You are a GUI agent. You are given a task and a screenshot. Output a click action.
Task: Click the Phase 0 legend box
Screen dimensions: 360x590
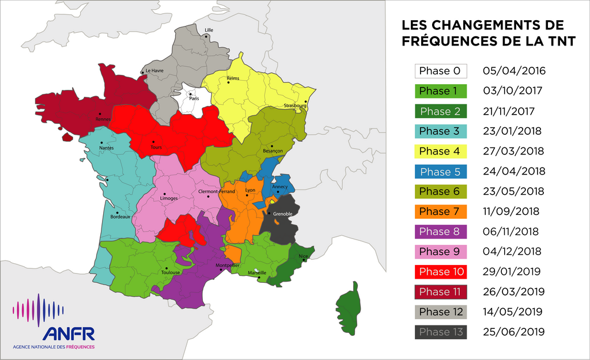[x=440, y=71]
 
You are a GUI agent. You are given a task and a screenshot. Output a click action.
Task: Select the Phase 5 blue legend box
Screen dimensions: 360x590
[x=440, y=172]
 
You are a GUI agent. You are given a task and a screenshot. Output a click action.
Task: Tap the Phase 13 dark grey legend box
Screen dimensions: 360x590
[x=440, y=332]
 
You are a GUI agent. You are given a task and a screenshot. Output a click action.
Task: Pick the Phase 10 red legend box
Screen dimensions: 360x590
[x=440, y=271]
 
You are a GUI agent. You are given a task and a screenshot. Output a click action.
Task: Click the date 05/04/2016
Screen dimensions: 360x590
[x=514, y=71]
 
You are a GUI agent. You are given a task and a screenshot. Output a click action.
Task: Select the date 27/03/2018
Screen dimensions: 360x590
[x=513, y=151]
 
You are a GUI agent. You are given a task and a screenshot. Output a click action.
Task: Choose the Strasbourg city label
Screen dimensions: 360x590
[x=295, y=106]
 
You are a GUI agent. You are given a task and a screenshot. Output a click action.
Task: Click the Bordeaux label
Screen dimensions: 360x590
[x=120, y=217]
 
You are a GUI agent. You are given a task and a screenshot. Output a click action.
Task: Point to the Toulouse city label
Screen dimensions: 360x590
[x=171, y=272]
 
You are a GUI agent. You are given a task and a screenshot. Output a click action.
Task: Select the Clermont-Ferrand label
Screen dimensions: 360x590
[x=216, y=191]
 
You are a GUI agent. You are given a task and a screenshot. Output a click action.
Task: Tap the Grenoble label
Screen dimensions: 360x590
[x=283, y=214]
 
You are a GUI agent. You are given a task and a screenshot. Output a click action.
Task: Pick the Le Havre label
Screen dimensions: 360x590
[x=154, y=71]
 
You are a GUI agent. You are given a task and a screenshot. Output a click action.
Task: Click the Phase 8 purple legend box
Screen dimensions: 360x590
[x=440, y=232]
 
